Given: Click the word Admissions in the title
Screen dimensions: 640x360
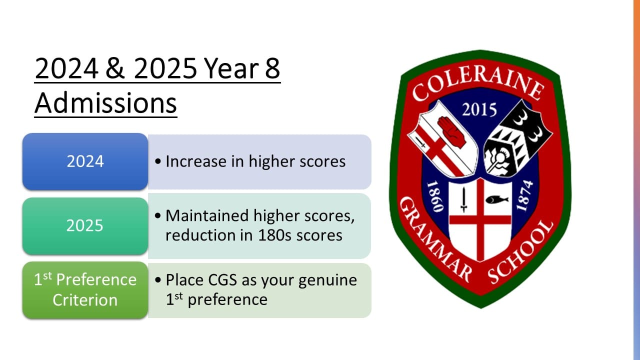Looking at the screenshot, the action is (x=105, y=103).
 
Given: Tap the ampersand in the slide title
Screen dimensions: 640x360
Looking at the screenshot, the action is (x=115, y=68).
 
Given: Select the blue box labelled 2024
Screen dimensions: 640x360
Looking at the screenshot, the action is (x=85, y=161).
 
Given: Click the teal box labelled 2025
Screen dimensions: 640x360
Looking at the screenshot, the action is (x=85, y=226).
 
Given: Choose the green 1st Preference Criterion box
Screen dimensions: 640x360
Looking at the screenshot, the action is (x=85, y=290).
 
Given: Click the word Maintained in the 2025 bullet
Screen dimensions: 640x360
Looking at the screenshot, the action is (x=207, y=215).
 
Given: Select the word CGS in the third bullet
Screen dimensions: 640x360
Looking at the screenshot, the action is (x=222, y=280).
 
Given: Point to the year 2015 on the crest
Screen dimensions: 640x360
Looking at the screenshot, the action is (x=479, y=109).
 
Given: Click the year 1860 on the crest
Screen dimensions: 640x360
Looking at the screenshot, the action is (x=435, y=197).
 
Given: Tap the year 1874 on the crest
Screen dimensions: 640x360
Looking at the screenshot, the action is (x=525, y=195).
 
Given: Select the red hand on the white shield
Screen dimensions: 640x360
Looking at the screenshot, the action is (x=451, y=131).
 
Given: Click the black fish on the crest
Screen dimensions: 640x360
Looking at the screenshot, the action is (x=497, y=199).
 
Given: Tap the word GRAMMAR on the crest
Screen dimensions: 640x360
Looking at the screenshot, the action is (x=435, y=239).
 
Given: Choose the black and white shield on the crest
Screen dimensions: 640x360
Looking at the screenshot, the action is (x=517, y=139).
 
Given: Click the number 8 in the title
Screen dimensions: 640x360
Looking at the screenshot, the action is (x=272, y=68).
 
